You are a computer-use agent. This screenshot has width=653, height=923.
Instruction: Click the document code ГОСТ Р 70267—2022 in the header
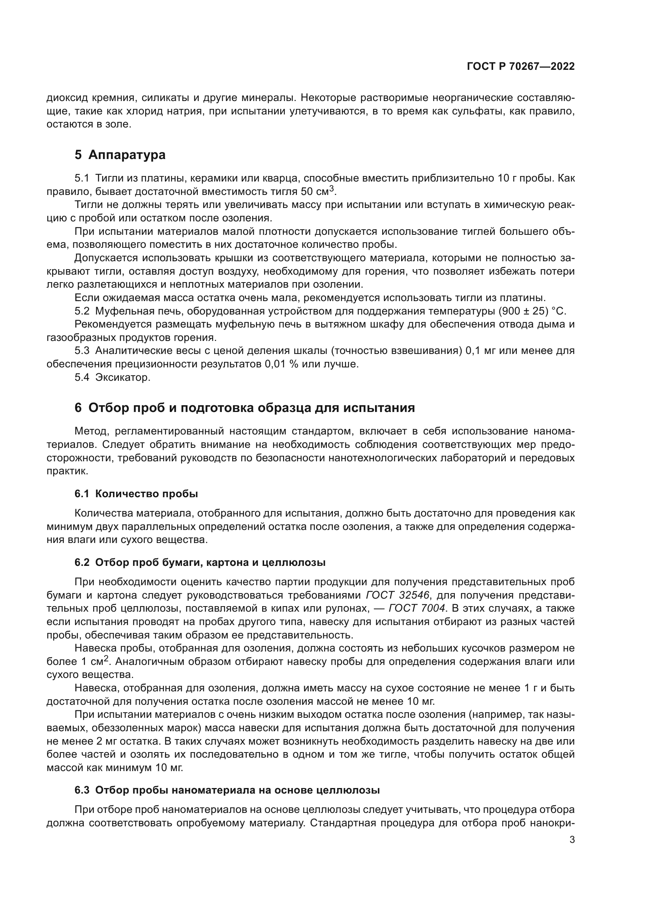click(x=521, y=67)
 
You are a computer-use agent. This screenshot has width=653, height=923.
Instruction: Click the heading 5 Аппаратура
click(x=120, y=155)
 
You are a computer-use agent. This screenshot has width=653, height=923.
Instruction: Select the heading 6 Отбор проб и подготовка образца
click(x=244, y=408)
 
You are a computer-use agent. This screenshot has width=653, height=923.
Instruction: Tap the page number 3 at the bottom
click(x=572, y=840)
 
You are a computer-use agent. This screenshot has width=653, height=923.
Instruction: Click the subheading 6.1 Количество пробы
click(x=136, y=494)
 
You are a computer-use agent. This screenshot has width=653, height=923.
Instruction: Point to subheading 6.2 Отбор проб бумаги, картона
click(x=200, y=562)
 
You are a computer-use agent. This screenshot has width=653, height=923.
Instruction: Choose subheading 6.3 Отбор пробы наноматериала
click(x=227, y=790)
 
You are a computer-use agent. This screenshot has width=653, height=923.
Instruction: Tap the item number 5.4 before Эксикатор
click(x=82, y=378)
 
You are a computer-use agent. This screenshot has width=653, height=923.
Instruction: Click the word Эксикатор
click(x=123, y=378)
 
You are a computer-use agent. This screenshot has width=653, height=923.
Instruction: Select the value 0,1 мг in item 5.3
click(x=482, y=351)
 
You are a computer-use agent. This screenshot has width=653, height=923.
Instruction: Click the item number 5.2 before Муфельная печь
click(x=82, y=311)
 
